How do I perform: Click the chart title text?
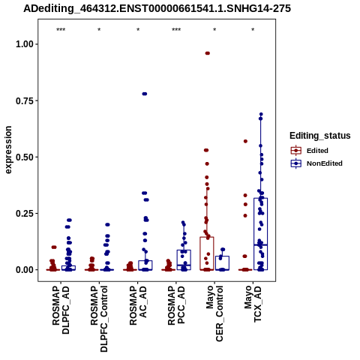point(157,9)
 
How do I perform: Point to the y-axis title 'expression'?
point(8,150)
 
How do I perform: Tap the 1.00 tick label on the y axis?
point(25,44)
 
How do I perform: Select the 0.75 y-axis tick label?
point(25,100)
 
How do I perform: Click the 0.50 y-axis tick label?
point(25,157)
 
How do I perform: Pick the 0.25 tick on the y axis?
point(25,214)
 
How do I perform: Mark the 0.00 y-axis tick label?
point(25,270)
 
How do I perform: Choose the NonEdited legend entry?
point(316,163)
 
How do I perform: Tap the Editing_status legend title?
point(320,136)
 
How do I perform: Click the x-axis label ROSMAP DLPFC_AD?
point(61,310)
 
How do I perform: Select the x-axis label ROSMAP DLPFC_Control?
point(99,319)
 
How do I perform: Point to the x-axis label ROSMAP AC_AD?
point(138,306)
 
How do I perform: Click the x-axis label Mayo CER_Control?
point(214,313)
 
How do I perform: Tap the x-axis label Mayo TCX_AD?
point(253,304)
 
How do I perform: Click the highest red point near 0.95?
point(208,53)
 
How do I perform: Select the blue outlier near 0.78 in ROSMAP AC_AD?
point(145,94)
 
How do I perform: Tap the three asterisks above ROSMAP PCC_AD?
point(176,30)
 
